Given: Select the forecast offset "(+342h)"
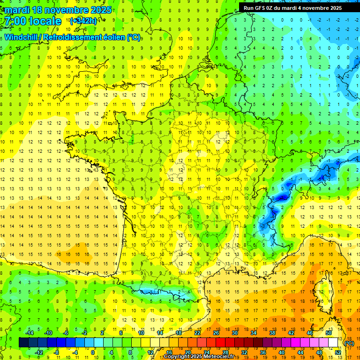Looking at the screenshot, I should click(83, 21).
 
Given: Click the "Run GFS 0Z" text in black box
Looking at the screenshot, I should click(258, 8).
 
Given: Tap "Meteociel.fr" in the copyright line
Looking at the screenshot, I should click(220, 357).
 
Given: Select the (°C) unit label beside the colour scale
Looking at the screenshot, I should click(349, 343).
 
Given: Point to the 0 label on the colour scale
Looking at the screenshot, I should click(92, 352).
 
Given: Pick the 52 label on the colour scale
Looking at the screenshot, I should click(338, 352).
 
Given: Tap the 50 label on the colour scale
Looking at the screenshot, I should click(329, 333).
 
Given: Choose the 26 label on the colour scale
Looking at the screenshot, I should click(216, 333).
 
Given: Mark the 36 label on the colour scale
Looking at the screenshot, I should click(263, 352).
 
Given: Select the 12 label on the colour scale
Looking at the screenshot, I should click(150, 352).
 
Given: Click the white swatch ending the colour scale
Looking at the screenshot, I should click(333, 343).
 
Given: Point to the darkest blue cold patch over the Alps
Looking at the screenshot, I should click(281, 198).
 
